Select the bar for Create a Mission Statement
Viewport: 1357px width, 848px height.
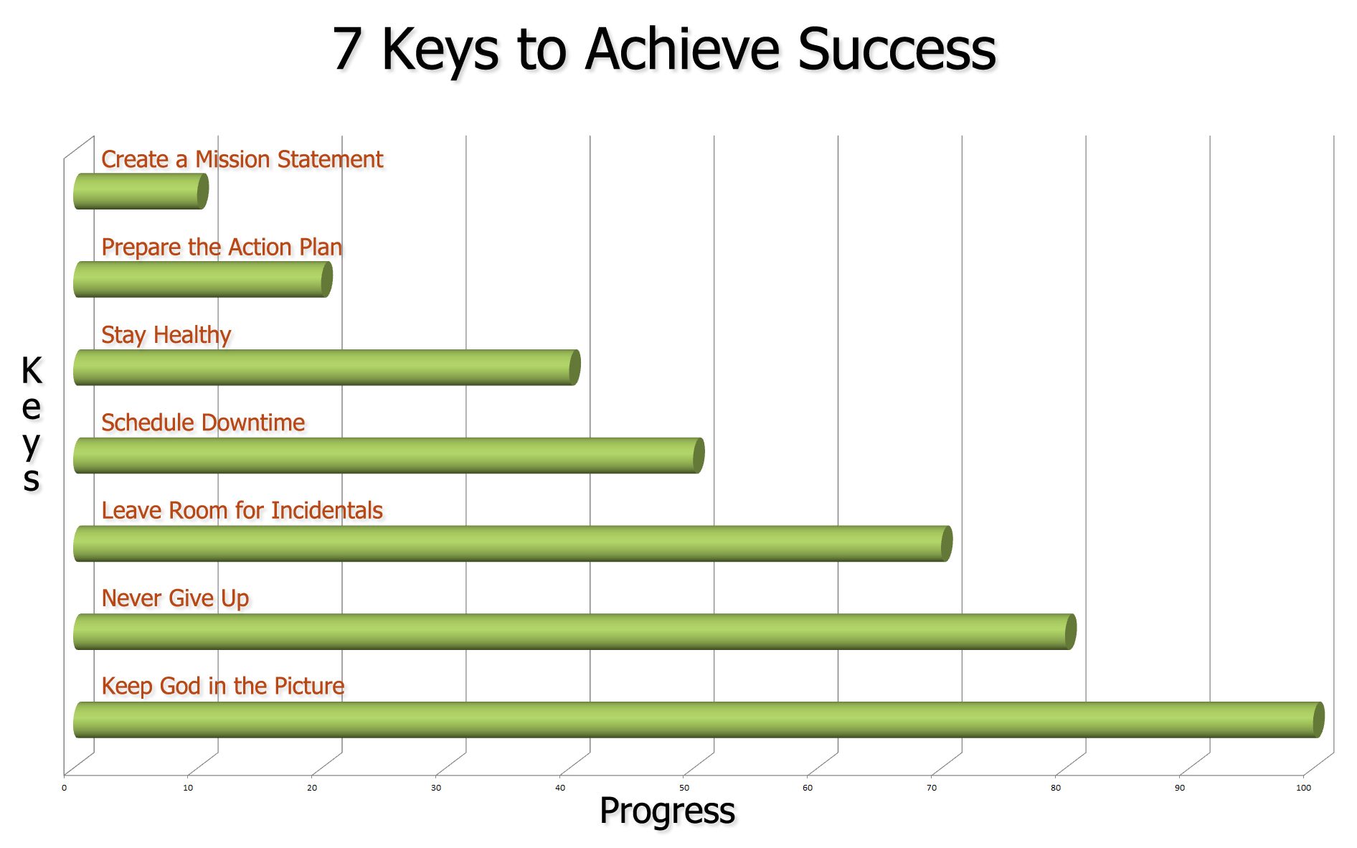[x=141, y=192]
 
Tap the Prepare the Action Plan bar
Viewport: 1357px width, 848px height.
[x=203, y=279]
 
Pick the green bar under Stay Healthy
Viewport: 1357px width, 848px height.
[x=326, y=367]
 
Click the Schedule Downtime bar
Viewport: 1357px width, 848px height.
[x=389, y=456]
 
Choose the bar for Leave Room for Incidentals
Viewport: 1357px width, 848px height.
[x=513, y=543]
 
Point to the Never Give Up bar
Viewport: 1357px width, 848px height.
[x=575, y=631]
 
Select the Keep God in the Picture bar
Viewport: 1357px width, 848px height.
[x=699, y=720]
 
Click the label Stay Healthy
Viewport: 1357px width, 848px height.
[x=166, y=335]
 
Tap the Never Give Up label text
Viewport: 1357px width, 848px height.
[x=175, y=598]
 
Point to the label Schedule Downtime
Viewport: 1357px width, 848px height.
[x=203, y=423]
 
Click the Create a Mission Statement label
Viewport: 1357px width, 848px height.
[x=242, y=159]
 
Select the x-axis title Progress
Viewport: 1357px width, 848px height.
[x=667, y=811]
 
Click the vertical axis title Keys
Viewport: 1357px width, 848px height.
[x=32, y=423]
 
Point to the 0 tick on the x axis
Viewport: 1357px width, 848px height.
[x=64, y=788]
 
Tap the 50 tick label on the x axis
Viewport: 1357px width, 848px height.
[x=684, y=788]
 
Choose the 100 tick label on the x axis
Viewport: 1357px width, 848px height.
[x=1303, y=788]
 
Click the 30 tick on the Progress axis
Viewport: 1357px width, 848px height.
[x=436, y=788]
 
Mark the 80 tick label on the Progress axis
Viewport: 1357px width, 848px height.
[x=1056, y=788]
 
